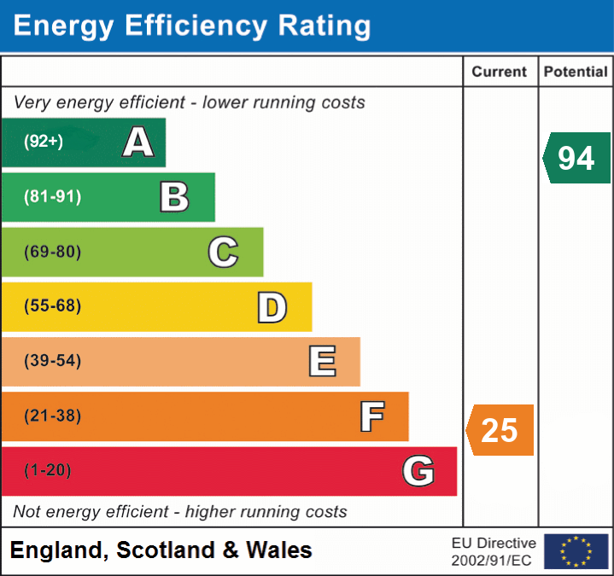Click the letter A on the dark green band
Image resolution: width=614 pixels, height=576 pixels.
coord(138,142)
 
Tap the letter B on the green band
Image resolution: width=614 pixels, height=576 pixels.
coord(175,197)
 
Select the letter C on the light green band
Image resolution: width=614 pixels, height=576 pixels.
coord(223,252)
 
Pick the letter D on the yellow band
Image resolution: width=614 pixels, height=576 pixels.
coord(272,307)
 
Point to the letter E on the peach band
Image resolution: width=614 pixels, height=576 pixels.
coord(322,361)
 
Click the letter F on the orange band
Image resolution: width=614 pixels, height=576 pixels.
coord(371,416)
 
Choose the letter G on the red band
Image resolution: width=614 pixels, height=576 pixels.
coord(418,470)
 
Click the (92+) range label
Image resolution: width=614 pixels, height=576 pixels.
coord(44,142)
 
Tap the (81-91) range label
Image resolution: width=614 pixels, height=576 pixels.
coord(53,197)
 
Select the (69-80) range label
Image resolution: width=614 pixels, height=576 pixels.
coord(53,252)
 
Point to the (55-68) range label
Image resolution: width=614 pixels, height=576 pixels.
coord(53,306)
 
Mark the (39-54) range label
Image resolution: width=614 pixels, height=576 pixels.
coord(53,361)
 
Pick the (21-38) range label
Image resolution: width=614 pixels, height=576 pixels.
coord(53,416)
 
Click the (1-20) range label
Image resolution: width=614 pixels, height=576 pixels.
coord(48,470)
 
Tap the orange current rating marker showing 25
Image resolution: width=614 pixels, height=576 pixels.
coord(500,430)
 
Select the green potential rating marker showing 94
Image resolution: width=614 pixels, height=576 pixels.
coord(577,158)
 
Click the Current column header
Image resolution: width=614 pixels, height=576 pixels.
coord(500,73)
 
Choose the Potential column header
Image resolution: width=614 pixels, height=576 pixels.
coord(576,73)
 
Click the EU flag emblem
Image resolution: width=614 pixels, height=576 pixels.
coord(576,551)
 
